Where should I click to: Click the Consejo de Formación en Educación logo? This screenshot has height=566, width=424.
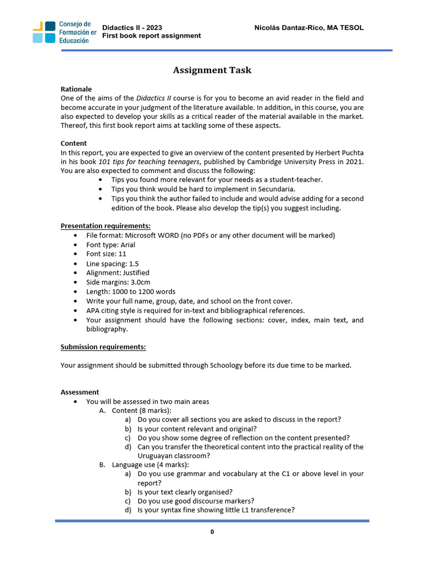tap(63, 32)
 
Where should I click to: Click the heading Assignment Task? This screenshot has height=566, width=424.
tap(212, 70)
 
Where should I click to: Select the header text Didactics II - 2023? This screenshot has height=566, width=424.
tap(132, 28)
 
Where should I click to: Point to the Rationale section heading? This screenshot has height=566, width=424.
tap(76, 89)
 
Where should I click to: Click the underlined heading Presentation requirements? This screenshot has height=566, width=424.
tap(105, 226)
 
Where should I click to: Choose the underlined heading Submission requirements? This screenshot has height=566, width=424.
tap(103, 347)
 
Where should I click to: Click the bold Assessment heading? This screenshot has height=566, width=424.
tap(79, 392)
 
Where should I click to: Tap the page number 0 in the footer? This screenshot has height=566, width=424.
tap(212, 532)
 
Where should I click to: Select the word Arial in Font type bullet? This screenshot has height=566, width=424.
tap(126, 245)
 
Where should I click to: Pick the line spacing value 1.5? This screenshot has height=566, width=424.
tap(134, 264)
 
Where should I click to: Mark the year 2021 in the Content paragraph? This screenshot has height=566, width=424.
tap(353, 161)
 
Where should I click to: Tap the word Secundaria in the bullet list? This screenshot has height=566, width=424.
tap(277, 189)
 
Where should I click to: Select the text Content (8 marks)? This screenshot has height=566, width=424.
tap(141, 411)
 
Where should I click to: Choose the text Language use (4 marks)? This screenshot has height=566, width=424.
tap(150, 465)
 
